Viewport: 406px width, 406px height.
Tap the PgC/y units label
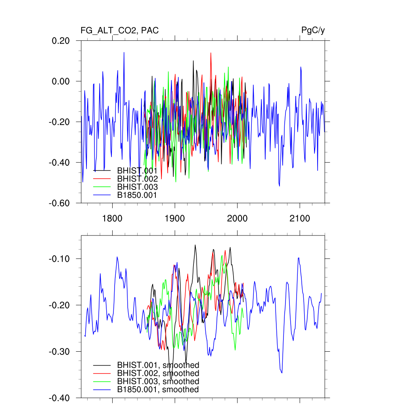pos(313,31)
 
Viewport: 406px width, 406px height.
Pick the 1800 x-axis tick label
pos(112,218)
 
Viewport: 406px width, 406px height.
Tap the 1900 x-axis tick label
pos(175,218)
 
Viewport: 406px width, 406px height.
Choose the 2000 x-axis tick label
pos(237,218)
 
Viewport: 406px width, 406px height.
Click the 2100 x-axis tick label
pos(300,218)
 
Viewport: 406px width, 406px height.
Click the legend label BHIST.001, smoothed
pos(158,365)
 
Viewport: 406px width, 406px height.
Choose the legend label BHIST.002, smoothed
pos(158,373)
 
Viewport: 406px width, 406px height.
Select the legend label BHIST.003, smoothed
pos(158,381)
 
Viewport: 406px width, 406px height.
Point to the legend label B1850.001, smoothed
pos(157,390)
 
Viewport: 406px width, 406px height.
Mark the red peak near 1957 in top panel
pos(211,53)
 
